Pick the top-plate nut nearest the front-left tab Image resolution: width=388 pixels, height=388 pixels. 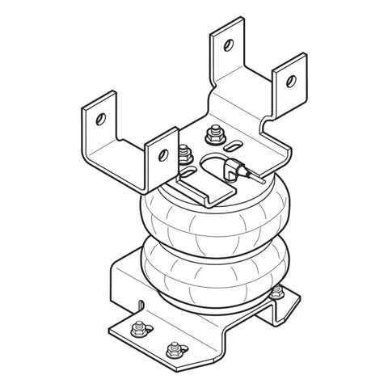point(186,151)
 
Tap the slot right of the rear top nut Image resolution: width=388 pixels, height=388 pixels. point(234,145)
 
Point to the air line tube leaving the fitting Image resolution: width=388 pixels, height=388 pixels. point(255,177)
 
